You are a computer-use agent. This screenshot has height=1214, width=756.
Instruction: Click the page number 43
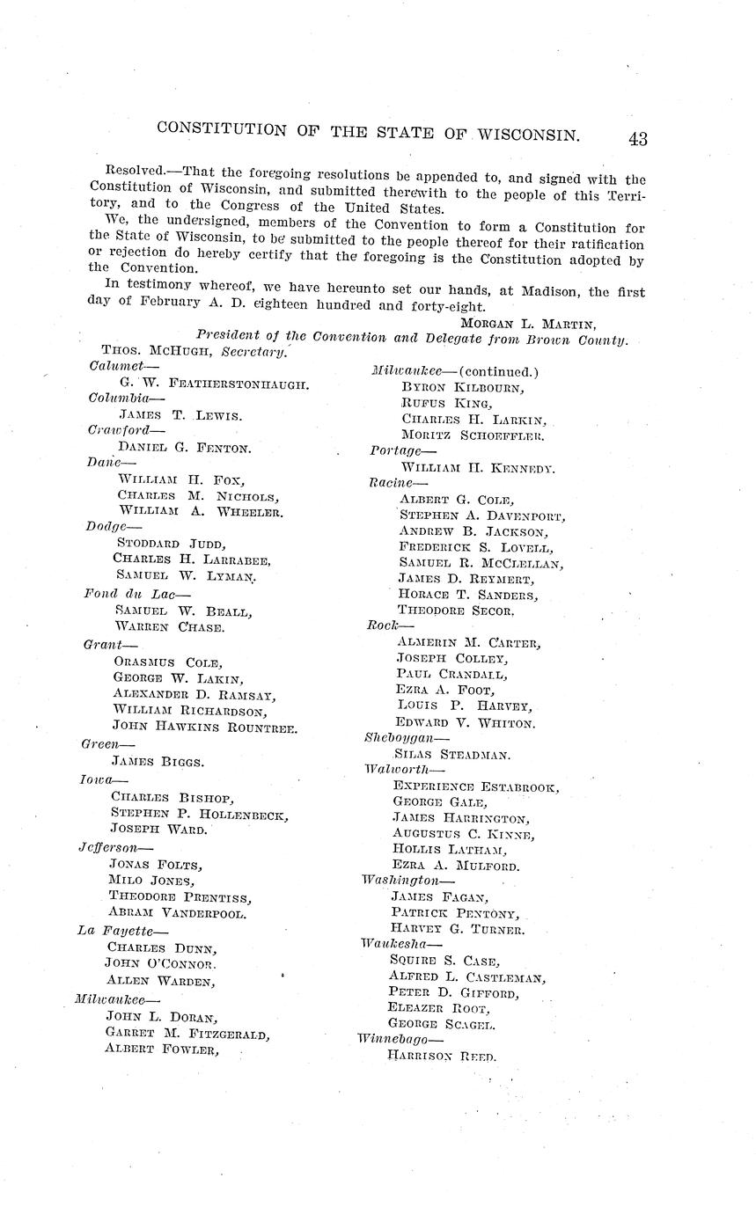coord(638,139)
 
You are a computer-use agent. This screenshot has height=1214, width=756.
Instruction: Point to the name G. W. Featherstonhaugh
coord(214,384)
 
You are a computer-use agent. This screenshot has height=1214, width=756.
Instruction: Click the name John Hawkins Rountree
coord(205,727)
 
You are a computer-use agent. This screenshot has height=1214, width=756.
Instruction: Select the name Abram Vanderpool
coord(177,913)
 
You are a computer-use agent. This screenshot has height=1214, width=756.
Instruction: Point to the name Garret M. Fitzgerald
coord(187,1033)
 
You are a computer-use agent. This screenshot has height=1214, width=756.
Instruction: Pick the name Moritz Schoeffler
coord(473,435)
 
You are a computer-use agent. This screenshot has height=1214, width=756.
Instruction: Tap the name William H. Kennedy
coord(476,468)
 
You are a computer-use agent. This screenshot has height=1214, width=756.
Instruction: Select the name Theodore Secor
coord(456,609)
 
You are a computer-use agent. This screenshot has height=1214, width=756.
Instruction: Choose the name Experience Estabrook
coord(475,786)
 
